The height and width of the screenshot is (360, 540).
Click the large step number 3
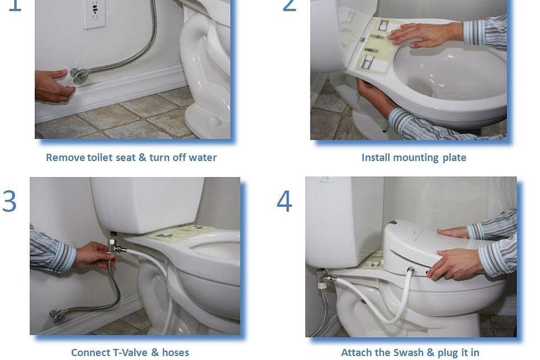9,201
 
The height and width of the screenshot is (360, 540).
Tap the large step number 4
285,201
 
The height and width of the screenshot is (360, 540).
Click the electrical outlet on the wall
95,13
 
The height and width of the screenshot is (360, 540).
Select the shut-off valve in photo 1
80,75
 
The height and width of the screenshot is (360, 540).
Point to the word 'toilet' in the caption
100,158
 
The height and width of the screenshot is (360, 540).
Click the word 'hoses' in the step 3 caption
175,353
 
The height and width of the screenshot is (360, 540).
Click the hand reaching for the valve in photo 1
53,85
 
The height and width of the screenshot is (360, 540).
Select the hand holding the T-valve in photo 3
93,255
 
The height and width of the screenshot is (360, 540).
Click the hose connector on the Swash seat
411,271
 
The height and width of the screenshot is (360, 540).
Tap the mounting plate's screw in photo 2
363,40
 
